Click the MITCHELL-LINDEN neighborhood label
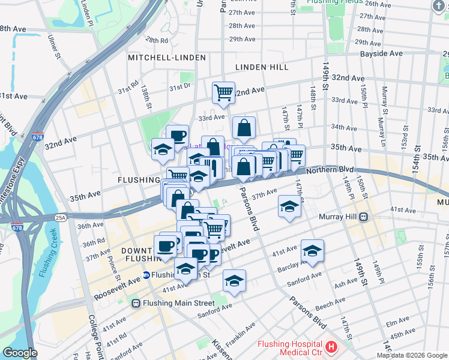pos(167,58)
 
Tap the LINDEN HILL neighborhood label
pos(262,67)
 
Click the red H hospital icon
pos(331,346)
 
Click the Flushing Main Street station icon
pos(136,304)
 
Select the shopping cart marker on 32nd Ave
pos(223,92)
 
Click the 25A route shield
pos(60,217)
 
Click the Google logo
pos(20,353)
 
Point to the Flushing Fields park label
pos(333,2)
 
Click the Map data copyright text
pos(412,355)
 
